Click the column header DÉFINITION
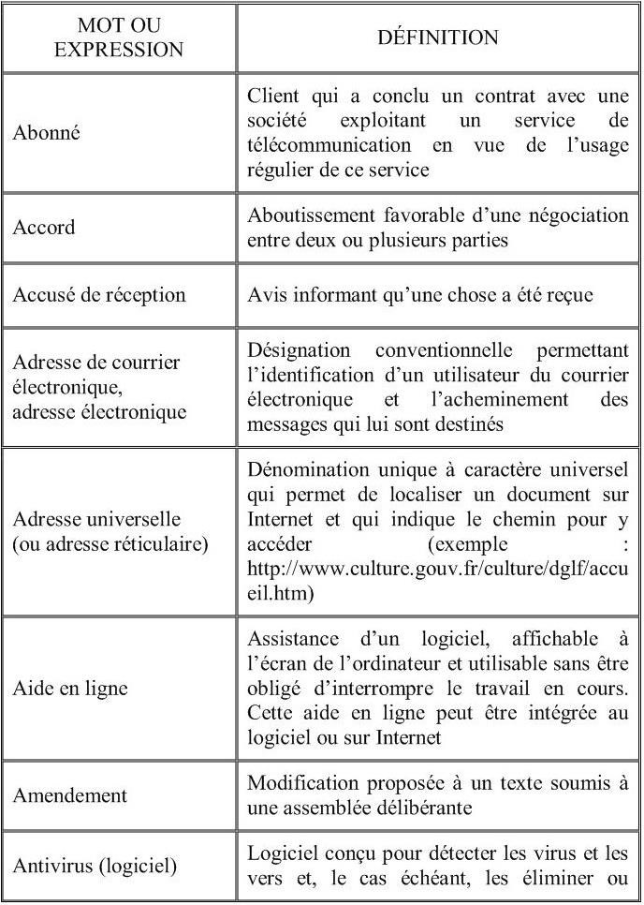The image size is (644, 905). pos(437,38)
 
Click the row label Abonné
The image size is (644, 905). pos(47,132)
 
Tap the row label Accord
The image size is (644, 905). pos(44,228)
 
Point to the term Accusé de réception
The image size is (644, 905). pos(99,294)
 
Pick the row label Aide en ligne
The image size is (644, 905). pos(70,689)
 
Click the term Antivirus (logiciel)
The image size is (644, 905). pos(95,866)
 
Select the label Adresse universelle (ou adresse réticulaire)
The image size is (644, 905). pos(110,532)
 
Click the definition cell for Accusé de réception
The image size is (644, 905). pos(419,294)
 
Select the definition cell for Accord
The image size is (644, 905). pos(437,228)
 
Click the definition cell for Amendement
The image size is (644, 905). pos(437,795)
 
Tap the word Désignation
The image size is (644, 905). pos(299,349)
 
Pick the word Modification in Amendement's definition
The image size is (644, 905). pos(303,783)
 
